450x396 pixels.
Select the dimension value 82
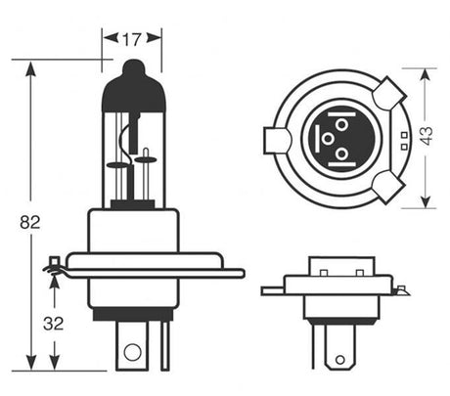(29, 223)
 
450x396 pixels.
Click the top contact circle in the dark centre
(339, 124)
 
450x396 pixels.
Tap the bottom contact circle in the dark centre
(340, 154)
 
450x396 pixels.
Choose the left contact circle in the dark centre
(326, 138)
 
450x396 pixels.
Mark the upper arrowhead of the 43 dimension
(427, 74)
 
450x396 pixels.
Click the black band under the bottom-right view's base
(340, 320)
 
